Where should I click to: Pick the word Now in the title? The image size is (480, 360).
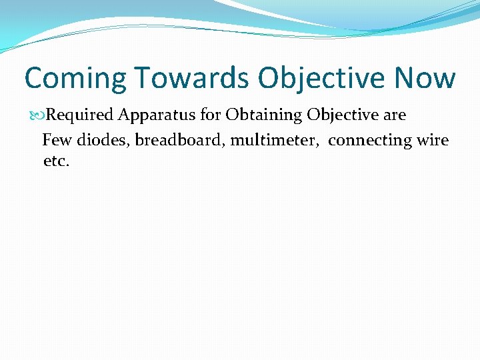point(425,77)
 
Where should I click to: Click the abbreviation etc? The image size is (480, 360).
point(56,162)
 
